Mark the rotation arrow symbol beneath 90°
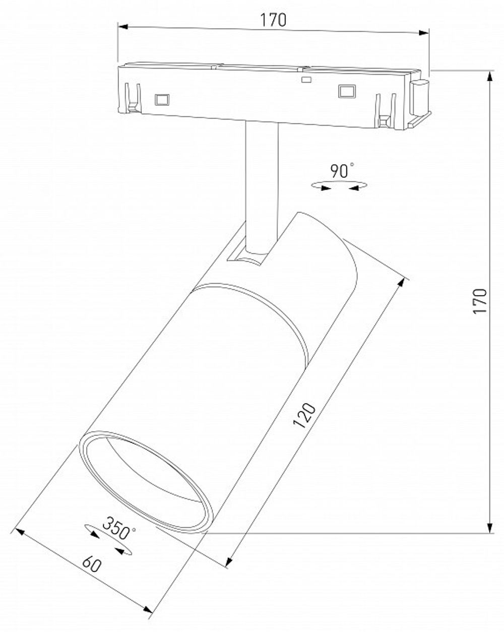pyautogui.click(x=338, y=187)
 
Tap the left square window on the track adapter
pyautogui.click(x=161, y=99)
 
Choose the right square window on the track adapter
pyautogui.click(x=346, y=91)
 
